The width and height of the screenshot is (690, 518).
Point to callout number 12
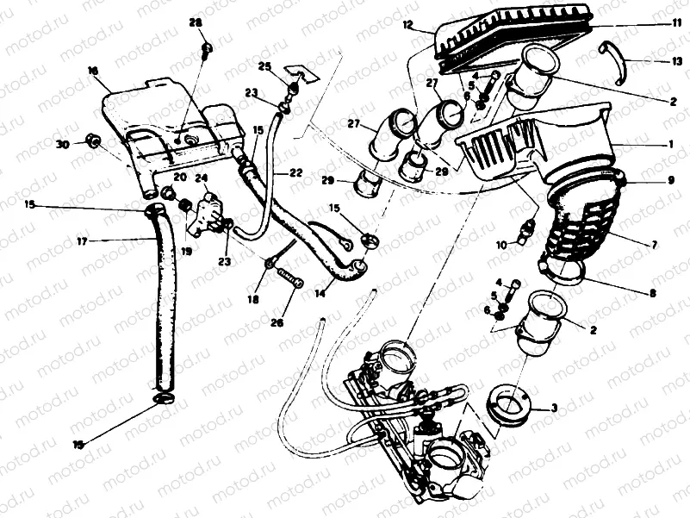coord(407,26)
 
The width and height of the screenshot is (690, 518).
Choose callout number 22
coord(295,172)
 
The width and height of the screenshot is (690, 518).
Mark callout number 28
coord(196,22)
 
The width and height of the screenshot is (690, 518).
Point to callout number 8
coord(653,294)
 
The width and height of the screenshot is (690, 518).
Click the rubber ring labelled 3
coord(513,403)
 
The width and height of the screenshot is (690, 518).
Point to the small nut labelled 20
coord(183,203)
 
